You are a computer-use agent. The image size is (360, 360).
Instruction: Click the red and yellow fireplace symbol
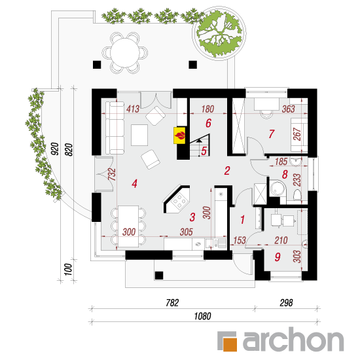coord(179,135)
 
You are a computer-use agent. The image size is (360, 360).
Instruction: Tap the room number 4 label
coord(135,183)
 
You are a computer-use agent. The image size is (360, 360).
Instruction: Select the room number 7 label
coord(272,134)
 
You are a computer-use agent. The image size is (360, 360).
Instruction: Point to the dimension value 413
coord(133,109)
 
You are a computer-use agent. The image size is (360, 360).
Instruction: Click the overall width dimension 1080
coord(202,316)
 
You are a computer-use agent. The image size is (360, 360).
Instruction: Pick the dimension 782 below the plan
coord(172,303)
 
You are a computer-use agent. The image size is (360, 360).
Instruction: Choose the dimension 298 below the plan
coord(286,303)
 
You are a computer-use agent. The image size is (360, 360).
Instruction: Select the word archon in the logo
coord(293,339)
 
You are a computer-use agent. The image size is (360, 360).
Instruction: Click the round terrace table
coord(125,53)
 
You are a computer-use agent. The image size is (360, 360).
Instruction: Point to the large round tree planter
coord(219,33)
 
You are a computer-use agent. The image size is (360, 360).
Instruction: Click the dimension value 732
coord(112,175)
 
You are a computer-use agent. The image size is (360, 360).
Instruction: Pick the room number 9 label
coord(278,257)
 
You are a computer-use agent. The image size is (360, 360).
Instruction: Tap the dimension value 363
coord(288,109)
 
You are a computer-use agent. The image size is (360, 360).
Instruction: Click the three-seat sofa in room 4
coord(115,128)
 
